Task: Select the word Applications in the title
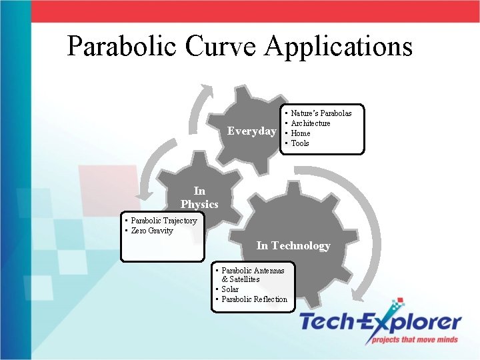click(x=339, y=47)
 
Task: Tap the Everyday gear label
click(x=251, y=131)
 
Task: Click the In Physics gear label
click(x=199, y=197)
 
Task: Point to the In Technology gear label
click(x=293, y=245)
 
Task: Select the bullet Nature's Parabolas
click(x=321, y=113)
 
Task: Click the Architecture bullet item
click(x=310, y=123)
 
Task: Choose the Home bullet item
click(x=301, y=133)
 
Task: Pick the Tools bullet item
click(x=300, y=143)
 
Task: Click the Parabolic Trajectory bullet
click(x=163, y=221)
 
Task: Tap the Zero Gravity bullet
click(x=151, y=231)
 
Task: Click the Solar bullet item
click(x=229, y=289)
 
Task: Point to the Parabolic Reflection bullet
click(x=254, y=299)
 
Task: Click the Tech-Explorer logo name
click(x=380, y=323)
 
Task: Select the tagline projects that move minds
click(x=416, y=339)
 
